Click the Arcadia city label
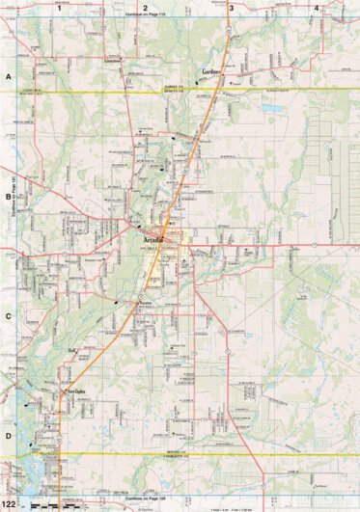coord(153,235)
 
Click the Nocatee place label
coord(147,303)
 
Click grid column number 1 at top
coord(59,8)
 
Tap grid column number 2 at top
coord(144,8)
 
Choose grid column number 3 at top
coord(231,8)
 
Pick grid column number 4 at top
coord(317,8)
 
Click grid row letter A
coord(8,75)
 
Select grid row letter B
coord(8,196)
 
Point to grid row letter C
coord(8,315)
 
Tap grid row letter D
coord(8,435)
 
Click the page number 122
coord(9,504)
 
